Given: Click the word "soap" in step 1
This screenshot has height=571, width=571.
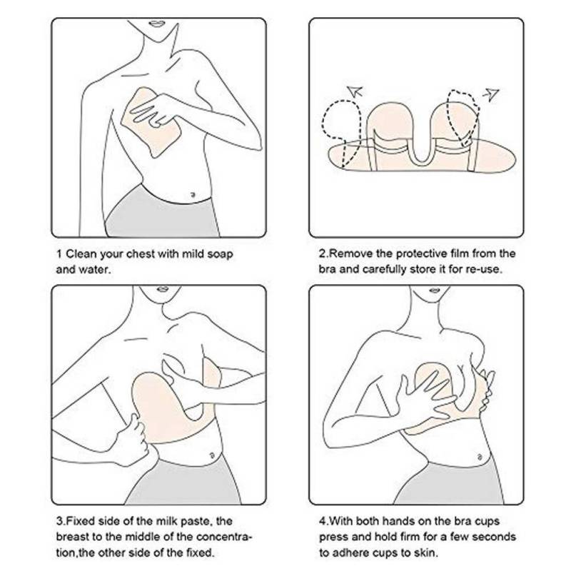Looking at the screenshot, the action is click(x=219, y=254).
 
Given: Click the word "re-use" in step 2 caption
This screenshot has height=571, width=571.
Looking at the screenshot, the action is click(x=485, y=270).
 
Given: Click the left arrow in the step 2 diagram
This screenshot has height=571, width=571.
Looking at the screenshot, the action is click(x=355, y=91).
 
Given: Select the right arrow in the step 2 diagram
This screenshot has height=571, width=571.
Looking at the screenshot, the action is click(x=491, y=94).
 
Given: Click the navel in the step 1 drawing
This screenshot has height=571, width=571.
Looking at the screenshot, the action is click(x=193, y=195).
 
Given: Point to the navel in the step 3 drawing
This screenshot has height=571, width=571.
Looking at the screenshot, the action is click(x=211, y=455).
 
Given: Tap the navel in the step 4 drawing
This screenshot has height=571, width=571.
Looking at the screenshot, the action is click(x=479, y=458).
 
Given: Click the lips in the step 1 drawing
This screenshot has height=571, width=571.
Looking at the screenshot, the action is click(x=157, y=24).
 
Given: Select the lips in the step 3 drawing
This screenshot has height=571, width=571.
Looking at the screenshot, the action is click(x=163, y=289).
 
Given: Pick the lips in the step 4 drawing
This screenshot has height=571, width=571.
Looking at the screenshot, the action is click(x=435, y=290).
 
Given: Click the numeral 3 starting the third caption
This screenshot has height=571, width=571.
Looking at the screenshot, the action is click(x=59, y=521).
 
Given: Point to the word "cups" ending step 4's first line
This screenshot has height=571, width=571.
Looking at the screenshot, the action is click(x=487, y=522).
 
